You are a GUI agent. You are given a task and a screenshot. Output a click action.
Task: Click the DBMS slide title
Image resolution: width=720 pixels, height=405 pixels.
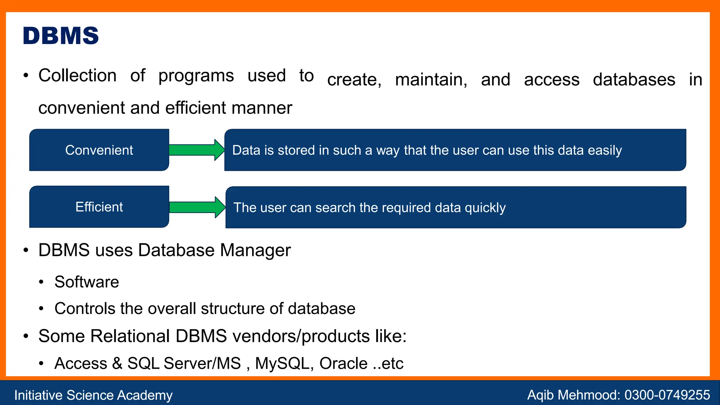pyautogui.click(x=61, y=36)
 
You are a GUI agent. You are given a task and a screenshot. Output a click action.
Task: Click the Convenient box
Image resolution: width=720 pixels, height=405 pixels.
pyautogui.click(x=99, y=150)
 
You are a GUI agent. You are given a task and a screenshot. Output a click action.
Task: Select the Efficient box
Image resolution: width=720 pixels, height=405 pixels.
pyautogui.click(x=99, y=207)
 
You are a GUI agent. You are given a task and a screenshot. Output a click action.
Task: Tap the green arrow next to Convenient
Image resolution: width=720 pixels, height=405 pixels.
pyautogui.click(x=196, y=150)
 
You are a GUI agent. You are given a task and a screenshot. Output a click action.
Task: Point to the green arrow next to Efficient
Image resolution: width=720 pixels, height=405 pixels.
pyautogui.click(x=197, y=207)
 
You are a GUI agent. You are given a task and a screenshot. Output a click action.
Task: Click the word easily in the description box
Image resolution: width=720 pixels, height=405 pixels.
pyautogui.click(x=605, y=150)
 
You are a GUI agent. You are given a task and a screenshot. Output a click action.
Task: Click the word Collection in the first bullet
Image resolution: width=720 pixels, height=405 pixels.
pyautogui.click(x=77, y=76)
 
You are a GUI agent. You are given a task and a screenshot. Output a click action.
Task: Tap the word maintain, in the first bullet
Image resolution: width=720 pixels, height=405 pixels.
pyautogui.click(x=431, y=79)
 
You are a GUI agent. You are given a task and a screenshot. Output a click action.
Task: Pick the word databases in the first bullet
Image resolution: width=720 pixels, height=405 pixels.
pyautogui.click(x=634, y=79)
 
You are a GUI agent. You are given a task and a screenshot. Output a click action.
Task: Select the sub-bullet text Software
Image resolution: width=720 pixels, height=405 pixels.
pyautogui.click(x=87, y=282)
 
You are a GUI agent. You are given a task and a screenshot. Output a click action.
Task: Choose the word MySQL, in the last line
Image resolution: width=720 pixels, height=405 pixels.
pyautogui.click(x=284, y=364)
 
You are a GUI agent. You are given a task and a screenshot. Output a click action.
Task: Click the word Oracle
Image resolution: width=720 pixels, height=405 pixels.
pyautogui.click(x=343, y=364)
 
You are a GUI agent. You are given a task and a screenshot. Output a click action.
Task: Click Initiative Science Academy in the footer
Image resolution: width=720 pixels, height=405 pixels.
pyautogui.click(x=93, y=395)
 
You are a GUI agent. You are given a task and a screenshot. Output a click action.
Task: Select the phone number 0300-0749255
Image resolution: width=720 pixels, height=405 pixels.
pyautogui.click(x=667, y=395)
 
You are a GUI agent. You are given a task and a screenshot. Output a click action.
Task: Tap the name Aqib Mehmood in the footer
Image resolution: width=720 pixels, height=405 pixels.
pyautogui.click(x=573, y=395)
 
